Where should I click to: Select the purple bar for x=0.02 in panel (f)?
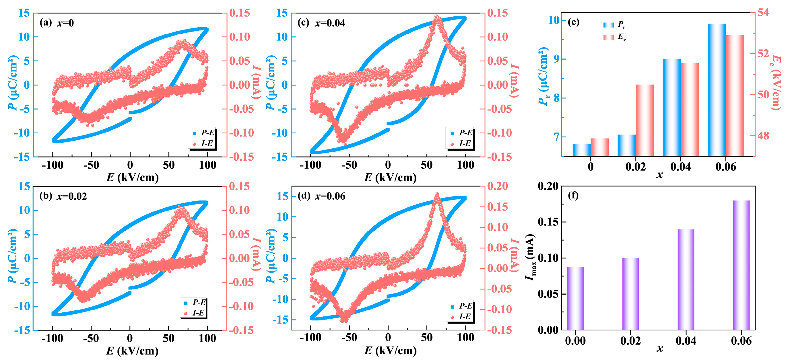(x=630, y=294)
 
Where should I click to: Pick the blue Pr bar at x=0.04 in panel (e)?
(x=671, y=107)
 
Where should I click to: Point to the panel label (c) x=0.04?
(x=321, y=23)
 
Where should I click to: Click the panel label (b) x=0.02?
(x=63, y=196)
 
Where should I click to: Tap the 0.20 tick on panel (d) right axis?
(x=497, y=186)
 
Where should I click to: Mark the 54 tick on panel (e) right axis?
(x=763, y=13)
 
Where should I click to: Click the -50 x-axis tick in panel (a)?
(x=91, y=165)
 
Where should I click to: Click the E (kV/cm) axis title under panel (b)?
(x=132, y=351)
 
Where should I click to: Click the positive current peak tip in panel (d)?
(x=437, y=194)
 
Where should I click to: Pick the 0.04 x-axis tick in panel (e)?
(x=680, y=167)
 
